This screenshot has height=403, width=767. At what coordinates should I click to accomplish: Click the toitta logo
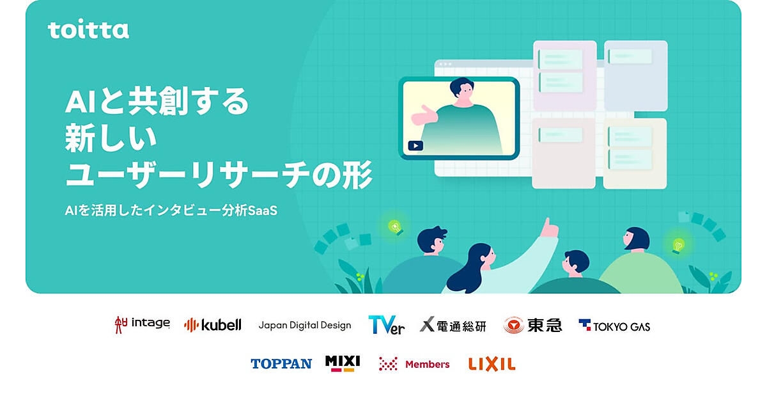[88, 30]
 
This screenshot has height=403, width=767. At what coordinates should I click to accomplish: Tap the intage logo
[142, 324]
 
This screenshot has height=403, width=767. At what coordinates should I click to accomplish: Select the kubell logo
[213, 324]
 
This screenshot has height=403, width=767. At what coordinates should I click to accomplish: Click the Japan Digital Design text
[305, 325]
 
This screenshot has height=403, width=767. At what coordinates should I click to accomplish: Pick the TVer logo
[386, 325]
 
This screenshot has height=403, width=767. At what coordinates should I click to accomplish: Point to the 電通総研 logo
[453, 325]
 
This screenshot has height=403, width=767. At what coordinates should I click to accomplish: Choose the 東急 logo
[532, 325]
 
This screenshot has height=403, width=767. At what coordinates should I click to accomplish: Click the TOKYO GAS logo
[614, 326]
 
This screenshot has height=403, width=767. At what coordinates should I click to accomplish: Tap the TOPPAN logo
[281, 363]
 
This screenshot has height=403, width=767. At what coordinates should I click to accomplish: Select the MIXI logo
[343, 363]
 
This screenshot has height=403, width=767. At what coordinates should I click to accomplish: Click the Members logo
[414, 364]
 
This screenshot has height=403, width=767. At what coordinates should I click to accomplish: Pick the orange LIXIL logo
[492, 364]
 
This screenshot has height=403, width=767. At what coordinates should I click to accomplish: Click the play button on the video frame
[415, 146]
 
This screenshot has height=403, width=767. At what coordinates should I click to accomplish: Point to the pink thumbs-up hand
[550, 228]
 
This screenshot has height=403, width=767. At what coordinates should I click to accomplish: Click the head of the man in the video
[462, 90]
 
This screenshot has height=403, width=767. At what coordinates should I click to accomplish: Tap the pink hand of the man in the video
[424, 116]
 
